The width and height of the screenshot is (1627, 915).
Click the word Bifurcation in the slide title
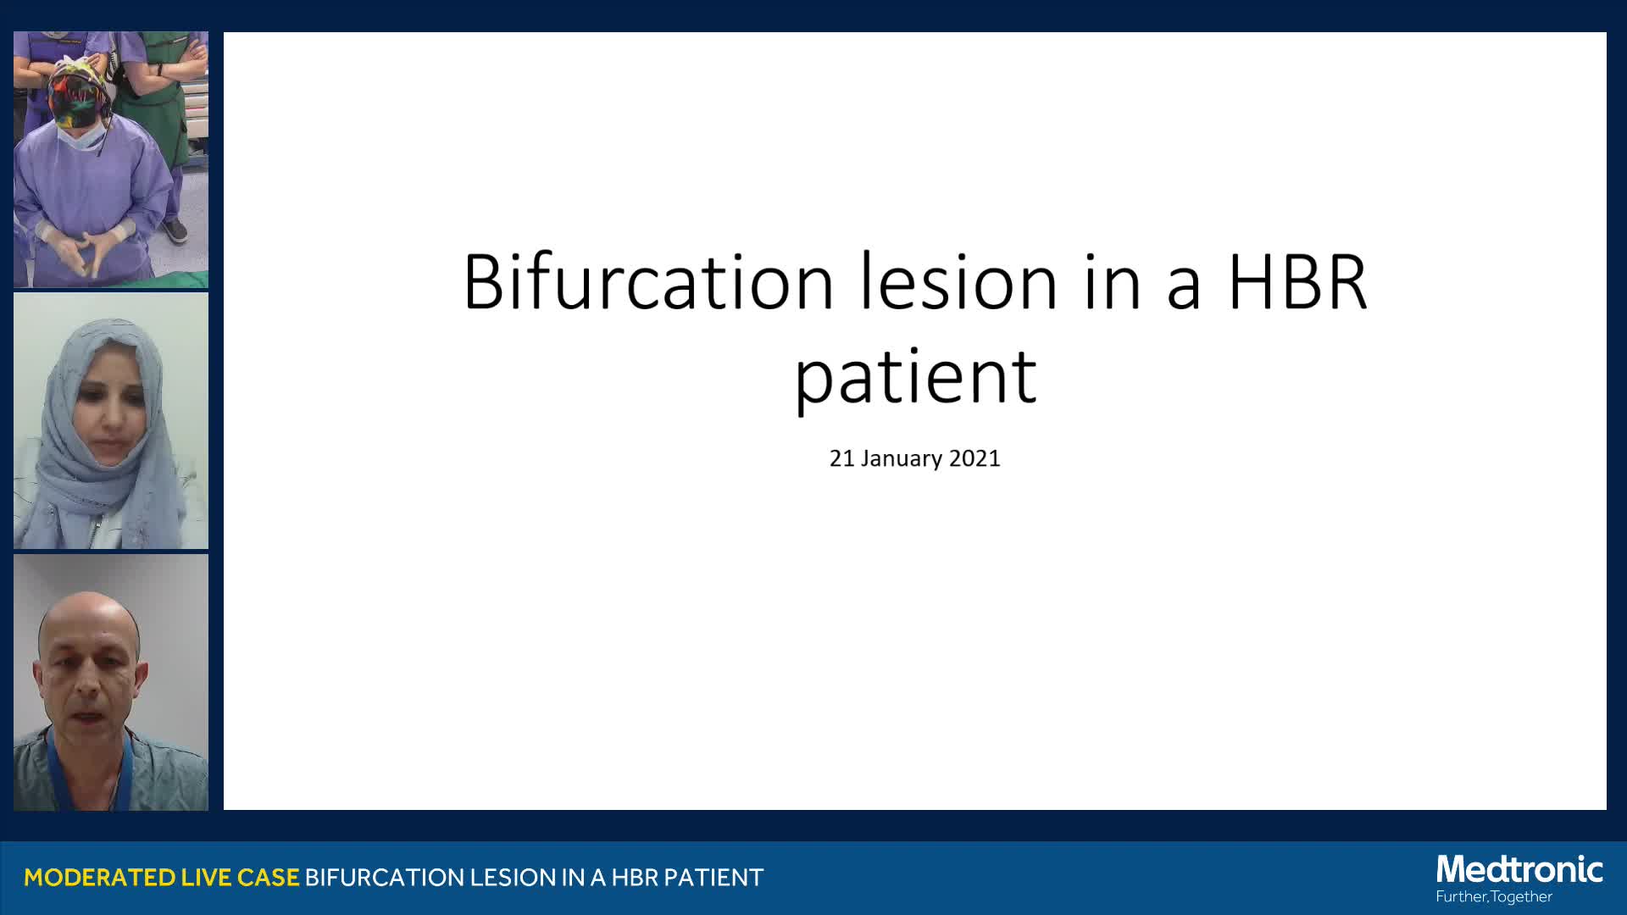[x=649, y=281]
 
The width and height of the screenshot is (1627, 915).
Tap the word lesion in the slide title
[x=958, y=281]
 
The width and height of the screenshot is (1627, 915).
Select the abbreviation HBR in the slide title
[x=1297, y=281]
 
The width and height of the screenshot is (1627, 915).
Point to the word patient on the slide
[x=915, y=377]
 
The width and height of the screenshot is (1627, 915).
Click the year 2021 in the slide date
[x=975, y=458]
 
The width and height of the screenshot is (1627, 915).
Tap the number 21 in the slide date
[x=841, y=458]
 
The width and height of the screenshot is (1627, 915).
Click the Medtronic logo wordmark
[x=1519, y=870]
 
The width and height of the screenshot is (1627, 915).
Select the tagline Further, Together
[x=1494, y=897]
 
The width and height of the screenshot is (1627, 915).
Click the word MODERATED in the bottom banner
[x=100, y=878]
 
